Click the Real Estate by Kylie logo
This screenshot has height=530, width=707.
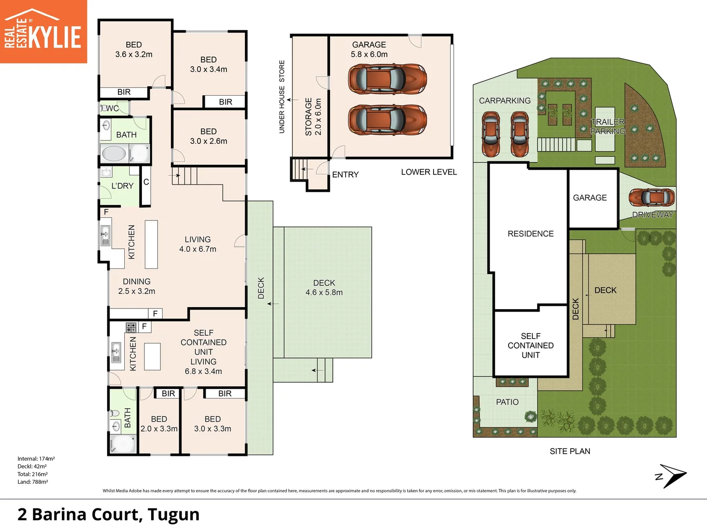point(43,31)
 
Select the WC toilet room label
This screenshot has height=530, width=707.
point(112,108)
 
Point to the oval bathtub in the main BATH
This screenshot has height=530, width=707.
point(114,154)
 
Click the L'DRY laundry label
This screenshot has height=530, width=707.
point(122,185)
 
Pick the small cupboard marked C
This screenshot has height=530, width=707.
point(146,186)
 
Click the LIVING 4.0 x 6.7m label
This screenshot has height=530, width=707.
point(197,244)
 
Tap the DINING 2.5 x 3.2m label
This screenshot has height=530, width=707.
point(136,286)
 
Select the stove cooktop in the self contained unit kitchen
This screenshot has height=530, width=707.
point(131,327)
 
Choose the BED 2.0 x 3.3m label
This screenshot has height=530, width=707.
point(159,424)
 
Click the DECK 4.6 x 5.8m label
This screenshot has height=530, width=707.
point(324,288)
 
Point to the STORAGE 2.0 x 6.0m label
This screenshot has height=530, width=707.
point(313,116)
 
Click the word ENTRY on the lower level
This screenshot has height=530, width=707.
point(345,174)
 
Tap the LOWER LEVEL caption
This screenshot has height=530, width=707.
point(429,172)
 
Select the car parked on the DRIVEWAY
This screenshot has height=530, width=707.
point(652,197)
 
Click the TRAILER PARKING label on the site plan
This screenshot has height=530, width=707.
point(607,127)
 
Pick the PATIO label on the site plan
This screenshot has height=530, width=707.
point(507,402)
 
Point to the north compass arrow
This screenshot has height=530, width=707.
point(673,476)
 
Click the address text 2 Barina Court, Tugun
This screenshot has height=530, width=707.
point(108,514)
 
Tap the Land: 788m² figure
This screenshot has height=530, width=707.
point(32,482)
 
